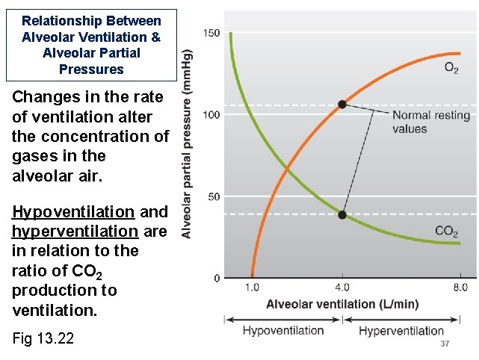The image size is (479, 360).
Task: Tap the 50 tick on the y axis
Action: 213,196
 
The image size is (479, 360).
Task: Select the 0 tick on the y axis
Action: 216,278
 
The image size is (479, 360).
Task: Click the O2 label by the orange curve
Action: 452,68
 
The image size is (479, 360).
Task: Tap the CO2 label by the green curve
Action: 447,231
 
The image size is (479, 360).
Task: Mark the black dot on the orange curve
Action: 342,105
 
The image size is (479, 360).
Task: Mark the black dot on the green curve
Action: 342,214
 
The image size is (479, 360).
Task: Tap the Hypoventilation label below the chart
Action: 283,330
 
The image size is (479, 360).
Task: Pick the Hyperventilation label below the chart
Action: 401,330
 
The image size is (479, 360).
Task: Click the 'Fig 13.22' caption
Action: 43,338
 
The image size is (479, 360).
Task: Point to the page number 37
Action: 445,344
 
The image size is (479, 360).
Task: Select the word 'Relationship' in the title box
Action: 61,21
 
